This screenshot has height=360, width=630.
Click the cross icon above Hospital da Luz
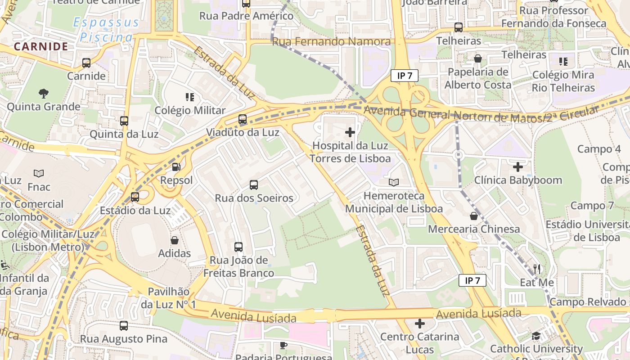click(350, 132)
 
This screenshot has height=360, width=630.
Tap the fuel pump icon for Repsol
click(176, 167)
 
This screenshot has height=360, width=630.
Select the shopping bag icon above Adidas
click(175, 240)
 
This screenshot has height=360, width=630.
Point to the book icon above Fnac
click(39, 173)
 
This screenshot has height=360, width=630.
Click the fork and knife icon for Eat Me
click(536, 269)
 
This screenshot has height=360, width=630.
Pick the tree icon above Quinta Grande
click(44, 94)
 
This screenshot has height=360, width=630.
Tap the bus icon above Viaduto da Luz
click(243, 119)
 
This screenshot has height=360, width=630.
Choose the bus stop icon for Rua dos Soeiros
click(254, 185)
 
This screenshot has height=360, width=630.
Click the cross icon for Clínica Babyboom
click(518, 167)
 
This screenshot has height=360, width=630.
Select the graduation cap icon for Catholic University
click(536, 336)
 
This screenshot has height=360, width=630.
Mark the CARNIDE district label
click(41, 46)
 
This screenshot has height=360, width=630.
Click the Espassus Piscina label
click(106, 30)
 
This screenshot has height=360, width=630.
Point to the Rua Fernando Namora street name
click(331, 42)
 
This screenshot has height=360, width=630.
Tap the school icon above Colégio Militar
click(190, 97)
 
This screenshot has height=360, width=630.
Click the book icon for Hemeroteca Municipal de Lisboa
click(394, 182)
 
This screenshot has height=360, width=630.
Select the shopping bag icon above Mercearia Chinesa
click(473, 216)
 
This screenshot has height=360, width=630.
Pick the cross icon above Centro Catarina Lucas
click(419, 324)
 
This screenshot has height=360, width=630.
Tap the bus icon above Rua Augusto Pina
click(124, 325)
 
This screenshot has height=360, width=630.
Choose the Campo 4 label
click(598, 149)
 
